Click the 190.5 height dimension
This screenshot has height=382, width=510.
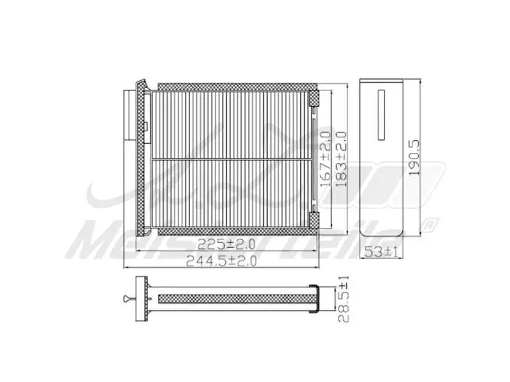pyautogui.click(x=414, y=158)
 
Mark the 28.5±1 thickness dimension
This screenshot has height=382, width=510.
pyautogui.click(x=344, y=299)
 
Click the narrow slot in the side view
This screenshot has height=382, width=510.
pyautogui.click(x=382, y=115)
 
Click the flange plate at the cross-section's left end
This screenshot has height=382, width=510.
pyautogui.click(x=142, y=299)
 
